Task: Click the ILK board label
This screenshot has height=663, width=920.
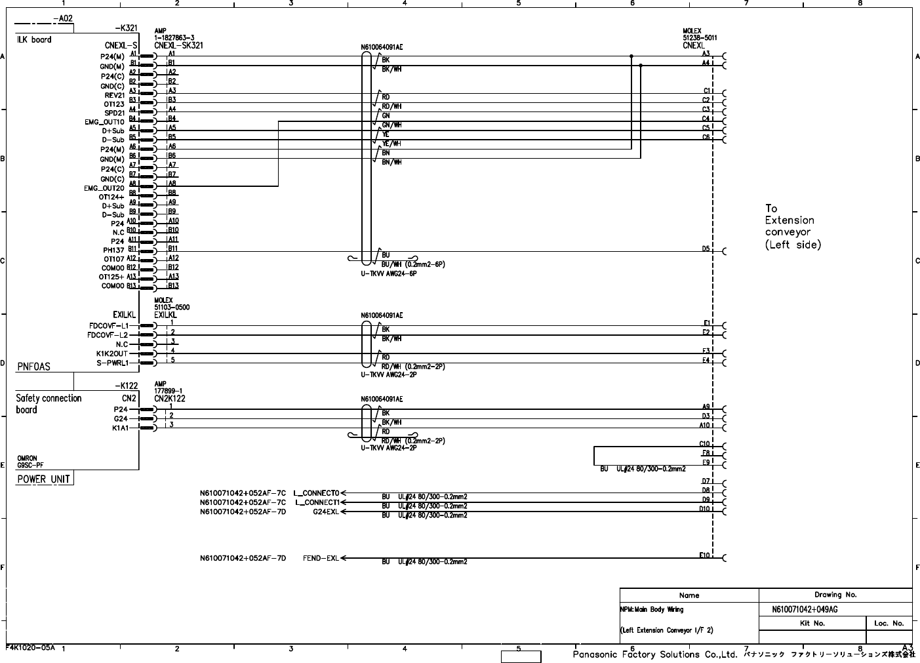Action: [x=33, y=40]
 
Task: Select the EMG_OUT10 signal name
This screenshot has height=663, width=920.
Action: [x=104, y=122]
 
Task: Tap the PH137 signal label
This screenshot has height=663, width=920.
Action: [x=113, y=250]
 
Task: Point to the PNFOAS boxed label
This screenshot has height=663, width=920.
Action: [x=33, y=367]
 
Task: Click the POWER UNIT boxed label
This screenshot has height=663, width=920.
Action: [x=44, y=479]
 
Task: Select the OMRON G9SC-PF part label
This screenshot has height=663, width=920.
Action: [x=28, y=462]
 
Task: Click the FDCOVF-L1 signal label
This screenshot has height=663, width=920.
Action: [x=109, y=325]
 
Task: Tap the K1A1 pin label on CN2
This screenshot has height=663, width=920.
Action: [x=121, y=428]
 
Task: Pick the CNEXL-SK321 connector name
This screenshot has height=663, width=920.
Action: [x=178, y=45]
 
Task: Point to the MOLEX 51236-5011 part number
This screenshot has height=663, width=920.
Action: [x=699, y=35]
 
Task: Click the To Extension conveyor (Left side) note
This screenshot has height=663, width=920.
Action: [x=792, y=226]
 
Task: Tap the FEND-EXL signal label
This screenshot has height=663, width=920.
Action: [x=321, y=559]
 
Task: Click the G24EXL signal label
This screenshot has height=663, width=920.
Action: [x=325, y=512]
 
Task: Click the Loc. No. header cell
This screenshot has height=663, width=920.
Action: [x=889, y=624]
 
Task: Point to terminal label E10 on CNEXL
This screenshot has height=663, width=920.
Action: [x=704, y=555]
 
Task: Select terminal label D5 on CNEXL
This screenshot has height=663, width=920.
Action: [x=706, y=249]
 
